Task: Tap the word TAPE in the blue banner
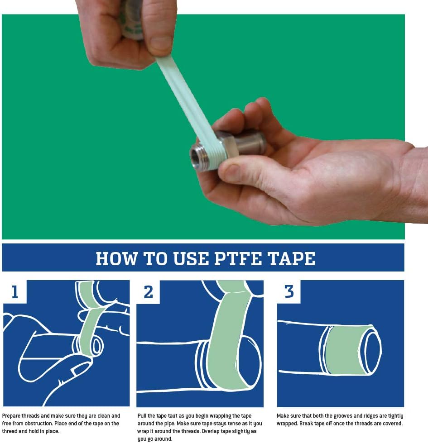(292, 258)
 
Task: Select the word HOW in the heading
(117, 258)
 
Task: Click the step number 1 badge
(14, 292)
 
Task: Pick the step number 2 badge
(148, 292)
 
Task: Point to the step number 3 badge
(289, 292)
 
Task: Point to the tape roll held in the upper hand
(132, 19)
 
